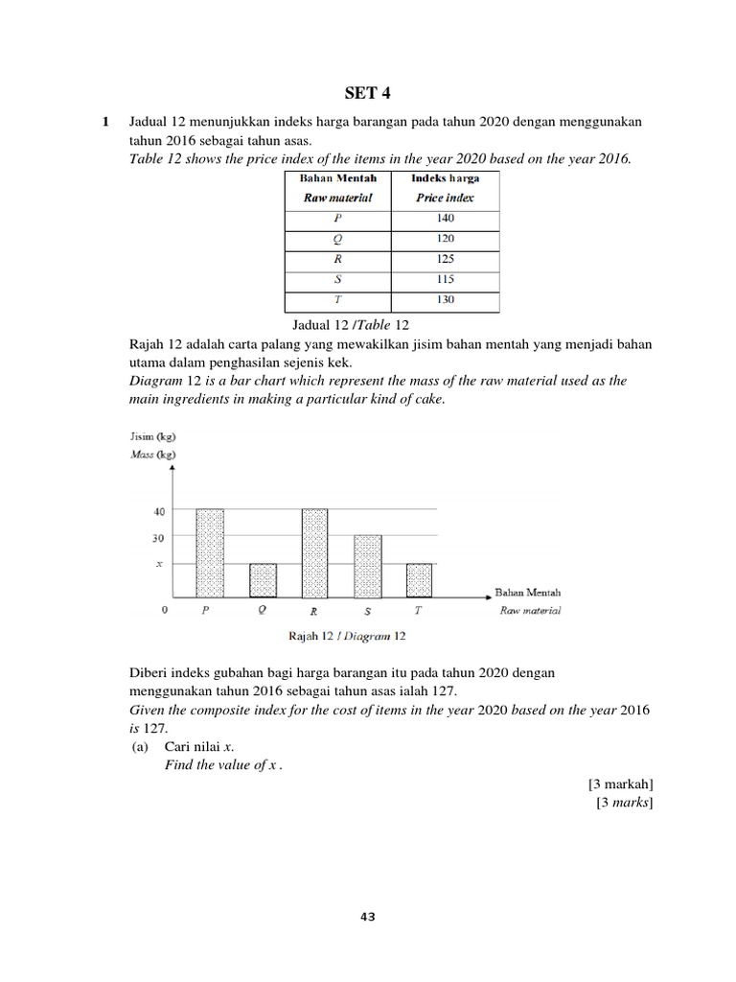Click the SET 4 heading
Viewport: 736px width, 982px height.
pyautogui.click(x=368, y=93)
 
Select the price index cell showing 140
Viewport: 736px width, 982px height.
pyautogui.click(x=446, y=218)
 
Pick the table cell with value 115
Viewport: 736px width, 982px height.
pyautogui.click(x=446, y=279)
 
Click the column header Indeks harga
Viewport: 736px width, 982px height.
pyautogui.click(x=446, y=178)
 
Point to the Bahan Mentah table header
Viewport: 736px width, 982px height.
pyautogui.click(x=338, y=178)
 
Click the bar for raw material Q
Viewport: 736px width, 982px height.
pyautogui.click(x=263, y=579)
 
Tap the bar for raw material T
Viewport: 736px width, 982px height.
pyautogui.click(x=419, y=579)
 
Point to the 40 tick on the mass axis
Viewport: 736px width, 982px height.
pyautogui.click(x=159, y=511)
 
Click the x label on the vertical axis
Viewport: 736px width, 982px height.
pyautogui.click(x=160, y=565)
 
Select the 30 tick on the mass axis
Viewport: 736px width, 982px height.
pyautogui.click(x=159, y=538)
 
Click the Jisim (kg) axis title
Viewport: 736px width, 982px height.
pyautogui.click(x=151, y=437)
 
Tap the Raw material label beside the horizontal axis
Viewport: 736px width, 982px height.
pyautogui.click(x=530, y=611)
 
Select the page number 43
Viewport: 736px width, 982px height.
pyautogui.click(x=368, y=917)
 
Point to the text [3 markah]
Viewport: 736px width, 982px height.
pyautogui.click(x=621, y=783)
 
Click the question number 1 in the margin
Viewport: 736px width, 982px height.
pyautogui.click(x=105, y=123)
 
